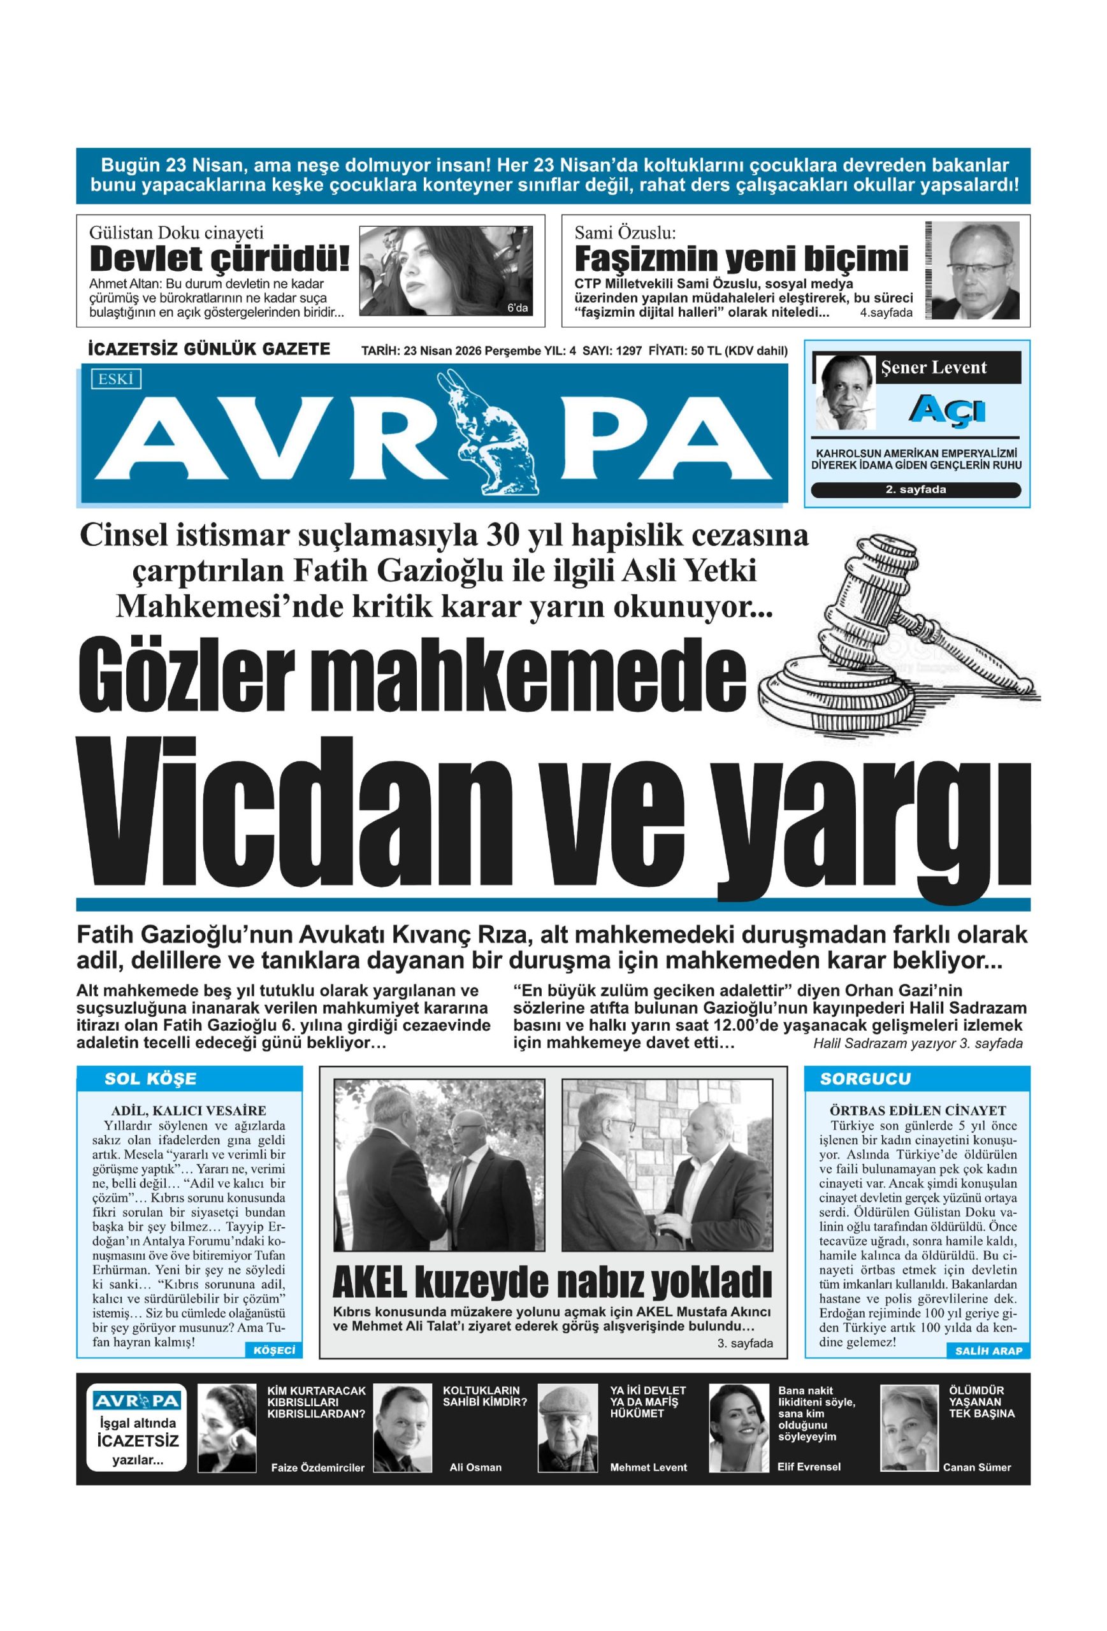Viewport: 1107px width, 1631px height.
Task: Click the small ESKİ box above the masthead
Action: [x=116, y=380]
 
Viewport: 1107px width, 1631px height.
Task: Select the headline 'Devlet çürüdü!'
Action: [x=219, y=260]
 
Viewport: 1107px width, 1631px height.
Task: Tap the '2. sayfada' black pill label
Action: [x=915, y=490]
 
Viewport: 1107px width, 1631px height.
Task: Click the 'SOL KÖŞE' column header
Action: [x=150, y=1079]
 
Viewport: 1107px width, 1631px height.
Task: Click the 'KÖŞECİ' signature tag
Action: [x=275, y=1350]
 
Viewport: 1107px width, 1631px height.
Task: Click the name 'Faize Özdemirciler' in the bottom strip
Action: [x=317, y=1467]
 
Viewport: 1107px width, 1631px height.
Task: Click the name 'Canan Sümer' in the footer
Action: [x=976, y=1467]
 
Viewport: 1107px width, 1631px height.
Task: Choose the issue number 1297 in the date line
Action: [x=628, y=351]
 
